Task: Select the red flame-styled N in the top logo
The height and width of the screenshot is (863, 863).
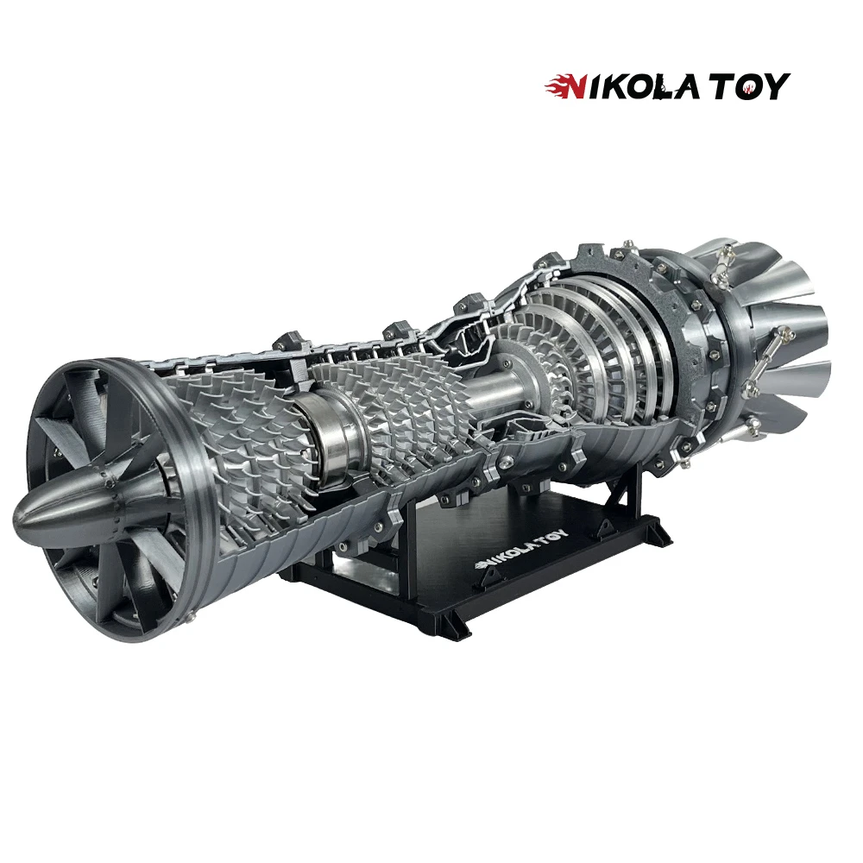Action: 564,86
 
